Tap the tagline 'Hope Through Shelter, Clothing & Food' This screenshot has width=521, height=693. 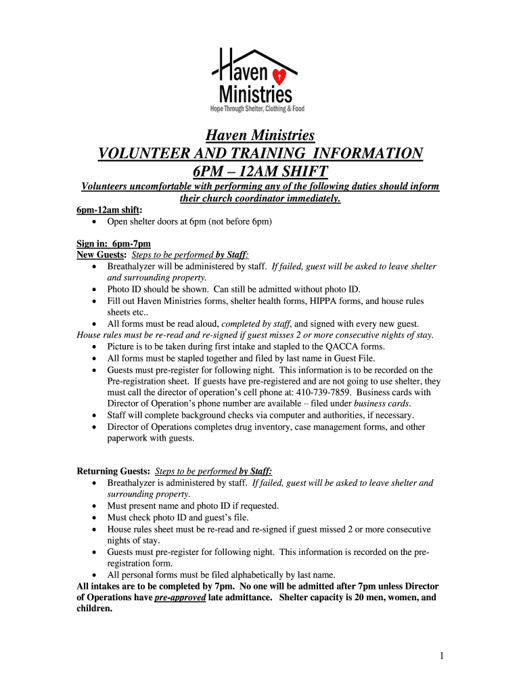pyautogui.click(x=257, y=108)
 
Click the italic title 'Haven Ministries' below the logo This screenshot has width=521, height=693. pyautogui.click(x=260, y=136)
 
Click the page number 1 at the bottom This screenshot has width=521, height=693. pyautogui.click(x=440, y=655)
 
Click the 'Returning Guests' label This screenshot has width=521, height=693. pyautogui.click(x=112, y=472)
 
